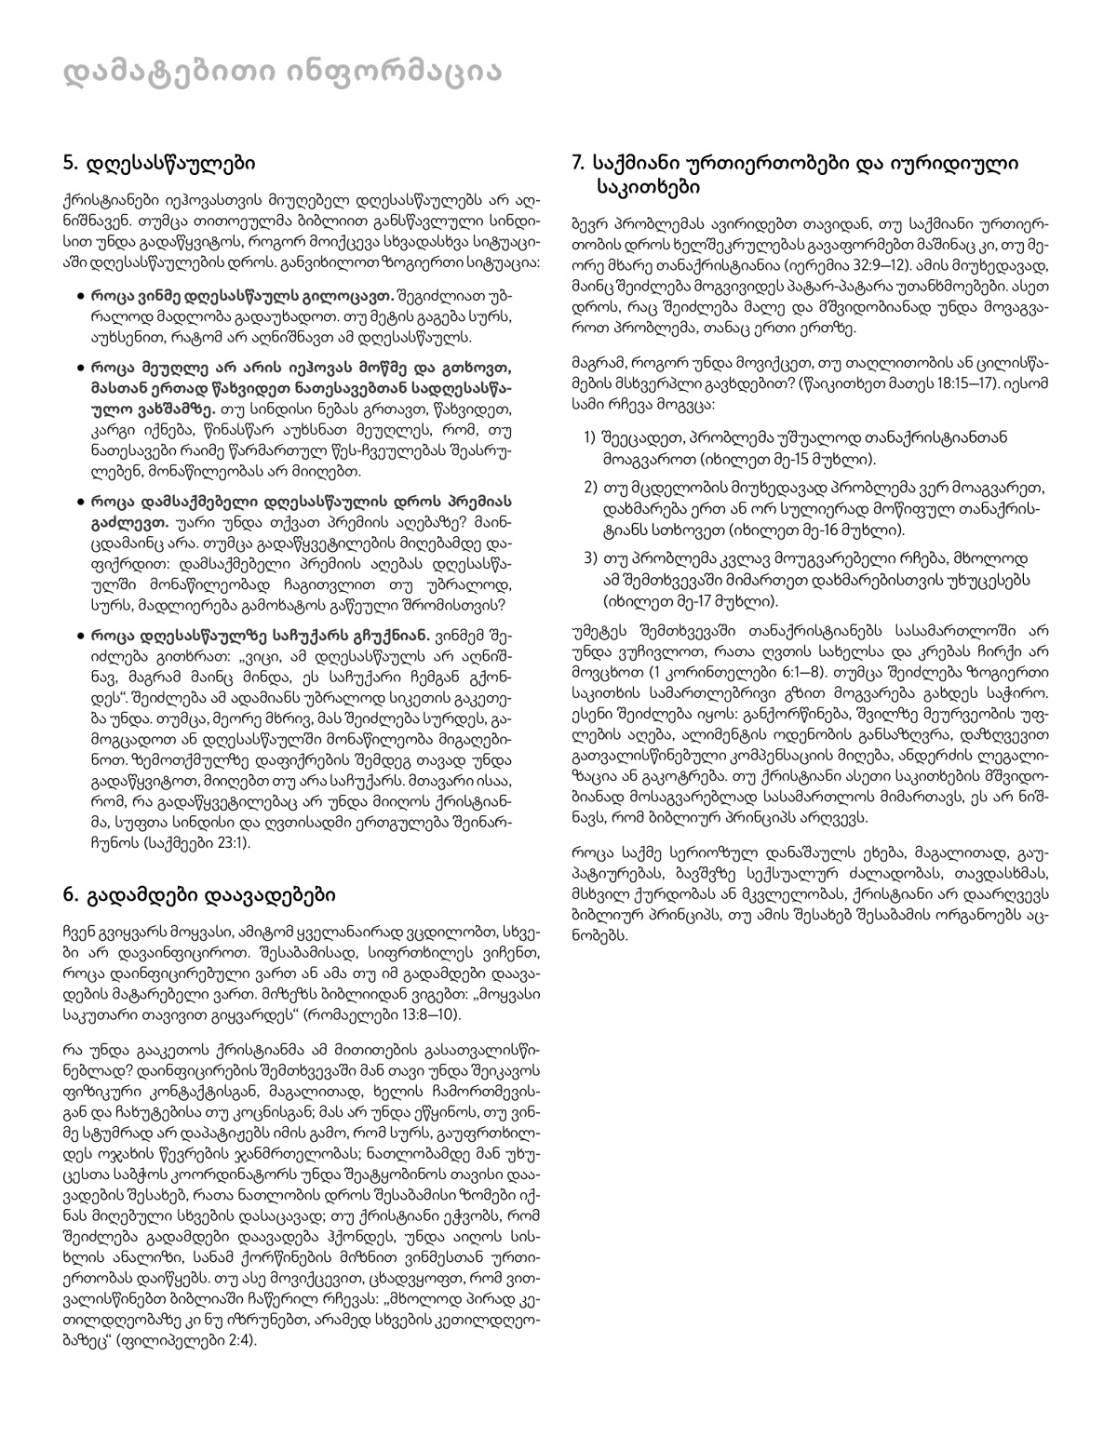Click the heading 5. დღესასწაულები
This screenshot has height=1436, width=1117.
[159, 163]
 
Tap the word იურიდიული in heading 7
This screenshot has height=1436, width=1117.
[960, 163]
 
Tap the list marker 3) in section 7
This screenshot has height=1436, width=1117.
[590, 557]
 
